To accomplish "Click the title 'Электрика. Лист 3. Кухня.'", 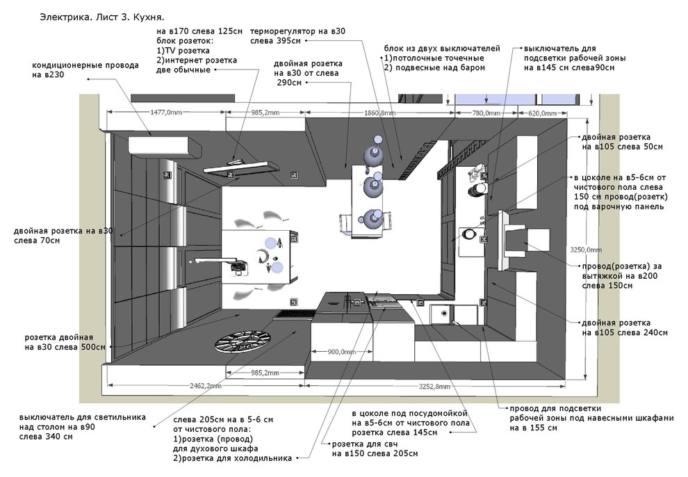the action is (x=101, y=17).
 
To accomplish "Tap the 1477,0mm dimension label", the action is (x=166, y=113).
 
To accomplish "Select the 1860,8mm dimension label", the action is (x=380, y=113).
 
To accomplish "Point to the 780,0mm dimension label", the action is (x=486, y=113).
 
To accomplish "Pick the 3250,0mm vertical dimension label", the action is (x=586, y=250).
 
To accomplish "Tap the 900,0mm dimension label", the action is (x=342, y=352).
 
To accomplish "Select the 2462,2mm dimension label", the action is (x=205, y=386).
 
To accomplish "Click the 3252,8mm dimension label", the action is (x=434, y=386).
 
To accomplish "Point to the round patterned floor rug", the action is (x=243, y=341).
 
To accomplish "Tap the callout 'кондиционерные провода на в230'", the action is (x=85, y=70).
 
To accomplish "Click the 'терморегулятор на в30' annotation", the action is (x=297, y=31).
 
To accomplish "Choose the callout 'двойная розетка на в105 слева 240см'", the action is (x=624, y=328).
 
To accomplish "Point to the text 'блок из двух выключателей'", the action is (x=442, y=48).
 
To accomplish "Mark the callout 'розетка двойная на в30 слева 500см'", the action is (x=65, y=342).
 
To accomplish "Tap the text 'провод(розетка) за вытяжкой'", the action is (x=622, y=271).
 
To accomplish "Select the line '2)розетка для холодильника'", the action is (x=233, y=458).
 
